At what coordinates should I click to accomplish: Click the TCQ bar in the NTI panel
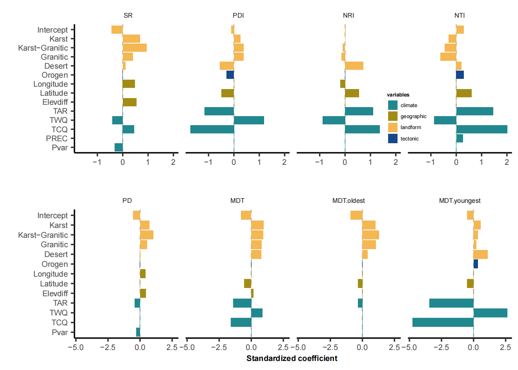[x=482, y=129]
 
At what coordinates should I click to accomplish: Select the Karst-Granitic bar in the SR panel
[x=135, y=48]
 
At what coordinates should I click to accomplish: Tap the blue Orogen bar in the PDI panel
[x=230, y=75]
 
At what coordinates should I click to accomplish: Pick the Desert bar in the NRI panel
[x=354, y=66]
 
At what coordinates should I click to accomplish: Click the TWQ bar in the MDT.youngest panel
[x=490, y=313]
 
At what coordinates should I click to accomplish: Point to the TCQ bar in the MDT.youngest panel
[x=443, y=323]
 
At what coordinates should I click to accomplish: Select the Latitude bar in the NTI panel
[x=464, y=93]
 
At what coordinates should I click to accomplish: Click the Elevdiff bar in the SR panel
[x=129, y=102]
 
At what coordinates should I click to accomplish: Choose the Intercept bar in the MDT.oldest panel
[x=356, y=215]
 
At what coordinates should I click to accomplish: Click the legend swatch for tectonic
[x=393, y=139]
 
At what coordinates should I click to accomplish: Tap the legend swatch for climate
[x=393, y=105]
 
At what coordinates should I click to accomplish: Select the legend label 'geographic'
[x=413, y=117]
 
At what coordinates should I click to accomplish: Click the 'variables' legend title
[x=398, y=95]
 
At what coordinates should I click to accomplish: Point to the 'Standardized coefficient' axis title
[x=292, y=358]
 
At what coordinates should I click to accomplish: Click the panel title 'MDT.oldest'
[x=348, y=200]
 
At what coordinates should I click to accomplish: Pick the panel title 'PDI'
[x=238, y=15]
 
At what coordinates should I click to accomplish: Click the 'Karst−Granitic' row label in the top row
[x=43, y=48]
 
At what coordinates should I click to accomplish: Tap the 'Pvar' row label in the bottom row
[x=60, y=332]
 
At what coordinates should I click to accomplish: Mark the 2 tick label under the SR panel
[x=173, y=162]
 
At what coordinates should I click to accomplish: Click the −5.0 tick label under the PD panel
[x=76, y=347]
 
